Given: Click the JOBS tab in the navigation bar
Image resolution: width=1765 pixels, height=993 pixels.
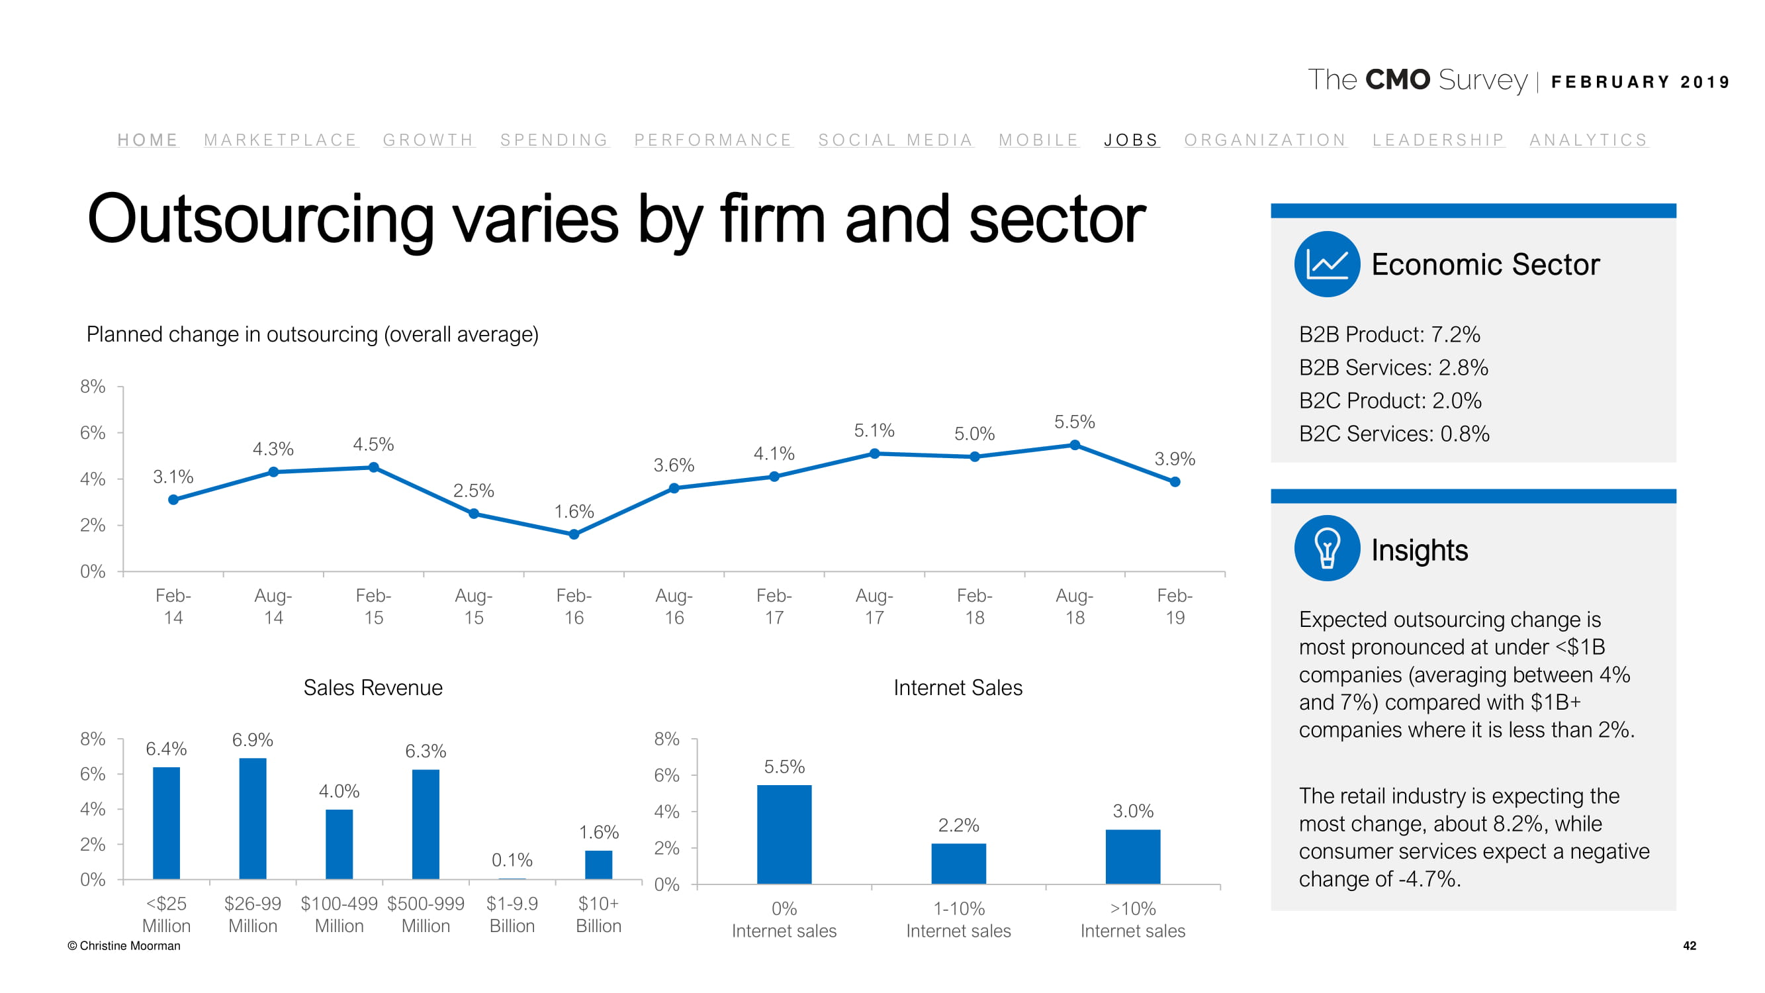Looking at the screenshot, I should click(1130, 140).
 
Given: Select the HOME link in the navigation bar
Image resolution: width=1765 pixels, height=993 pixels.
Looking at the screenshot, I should click(148, 140).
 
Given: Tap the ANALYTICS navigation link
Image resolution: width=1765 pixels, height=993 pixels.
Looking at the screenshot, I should click(1588, 140).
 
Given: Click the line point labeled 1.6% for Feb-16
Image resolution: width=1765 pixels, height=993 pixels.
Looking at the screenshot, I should click(574, 534).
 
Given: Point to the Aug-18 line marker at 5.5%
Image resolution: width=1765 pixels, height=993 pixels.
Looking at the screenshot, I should click(1075, 446).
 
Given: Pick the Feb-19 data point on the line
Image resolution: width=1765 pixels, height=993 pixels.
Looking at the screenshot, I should click(1175, 482).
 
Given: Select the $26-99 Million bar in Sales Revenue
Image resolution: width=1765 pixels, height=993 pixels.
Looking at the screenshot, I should click(253, 818).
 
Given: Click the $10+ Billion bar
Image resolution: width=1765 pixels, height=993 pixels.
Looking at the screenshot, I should click(598, 865).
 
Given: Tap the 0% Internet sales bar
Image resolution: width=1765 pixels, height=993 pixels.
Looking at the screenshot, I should click(784, 834).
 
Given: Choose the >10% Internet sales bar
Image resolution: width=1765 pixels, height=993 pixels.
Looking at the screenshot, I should click(1132, 857).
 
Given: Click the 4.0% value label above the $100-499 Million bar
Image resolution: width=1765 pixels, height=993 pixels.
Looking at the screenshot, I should click(339, 791).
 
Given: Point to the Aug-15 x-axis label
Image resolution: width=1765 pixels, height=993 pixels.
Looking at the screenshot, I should click(473, 606).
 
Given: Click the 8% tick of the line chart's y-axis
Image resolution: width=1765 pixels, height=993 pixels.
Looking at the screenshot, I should click(93, 387).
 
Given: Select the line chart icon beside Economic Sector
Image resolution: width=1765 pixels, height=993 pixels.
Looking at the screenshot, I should click(1326, 265).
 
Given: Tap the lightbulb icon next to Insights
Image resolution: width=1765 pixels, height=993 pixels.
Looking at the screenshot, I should click(1326, 548).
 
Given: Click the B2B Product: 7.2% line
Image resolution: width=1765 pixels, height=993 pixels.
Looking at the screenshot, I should click(1389, 334).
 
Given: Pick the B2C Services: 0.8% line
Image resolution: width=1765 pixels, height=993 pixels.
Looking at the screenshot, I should click(1394, 434).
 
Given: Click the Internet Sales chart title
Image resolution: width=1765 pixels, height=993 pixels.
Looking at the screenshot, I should click(957, 687).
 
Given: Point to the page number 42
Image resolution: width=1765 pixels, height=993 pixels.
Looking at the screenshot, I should click(1689, 946).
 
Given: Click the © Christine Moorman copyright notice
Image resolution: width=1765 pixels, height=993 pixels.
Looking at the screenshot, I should click(124, 946).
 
